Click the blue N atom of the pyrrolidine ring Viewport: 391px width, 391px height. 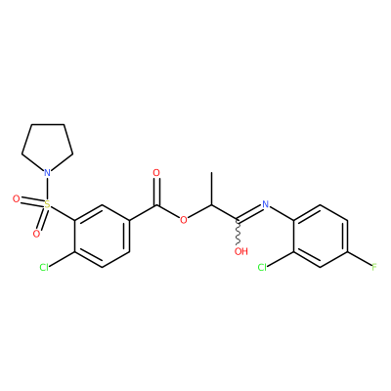click(x=48, y=172)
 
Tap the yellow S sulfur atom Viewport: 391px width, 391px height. click(x=48, y=204)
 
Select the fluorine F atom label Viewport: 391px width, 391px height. click(x=374, y=268)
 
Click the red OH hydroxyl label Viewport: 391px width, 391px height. click(x=241, y=251)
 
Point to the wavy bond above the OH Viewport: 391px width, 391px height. click(x=239, y=232)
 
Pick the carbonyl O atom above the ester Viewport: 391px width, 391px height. click(x=156, y=173)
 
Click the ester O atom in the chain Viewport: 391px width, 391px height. click(x=184, y=220)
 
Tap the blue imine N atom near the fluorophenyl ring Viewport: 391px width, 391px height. click(x=266, y=204)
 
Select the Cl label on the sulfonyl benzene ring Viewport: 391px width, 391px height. click(x=44, y=268)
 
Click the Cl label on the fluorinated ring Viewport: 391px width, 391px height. click(x=263, y=268)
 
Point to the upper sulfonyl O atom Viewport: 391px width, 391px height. click(x=17, y=198)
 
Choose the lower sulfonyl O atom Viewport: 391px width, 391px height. click(x=36, y=234)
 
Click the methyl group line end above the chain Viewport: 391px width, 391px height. click(x=211, y=173)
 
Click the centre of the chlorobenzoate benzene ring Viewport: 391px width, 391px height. click(x=103, y=237)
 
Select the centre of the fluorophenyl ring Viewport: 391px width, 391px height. click(x=321, y=237)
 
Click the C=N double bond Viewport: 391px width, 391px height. click(x=250, y=212)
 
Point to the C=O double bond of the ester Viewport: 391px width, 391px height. click(x=157, y=192)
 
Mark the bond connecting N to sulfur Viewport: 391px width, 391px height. click(x=48, y=189)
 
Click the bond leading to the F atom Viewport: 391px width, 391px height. click(x=360, y=260)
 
